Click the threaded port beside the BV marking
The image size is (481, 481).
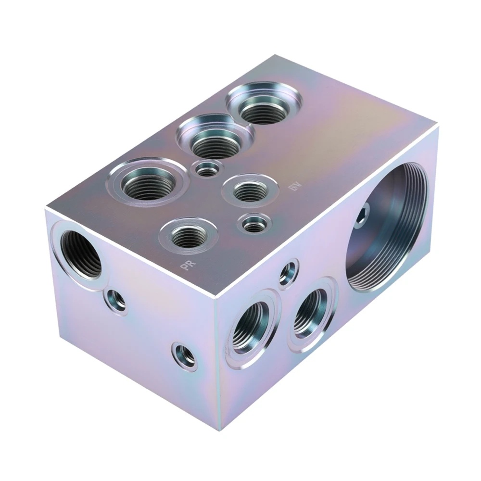(249, 191)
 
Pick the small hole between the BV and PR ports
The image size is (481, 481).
(253, 223)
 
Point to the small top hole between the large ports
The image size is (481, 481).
(207, 169)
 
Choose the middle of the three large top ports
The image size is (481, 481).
(215, 139)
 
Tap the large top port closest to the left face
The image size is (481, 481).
(147, 183)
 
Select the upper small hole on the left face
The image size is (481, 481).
(116, 300)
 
